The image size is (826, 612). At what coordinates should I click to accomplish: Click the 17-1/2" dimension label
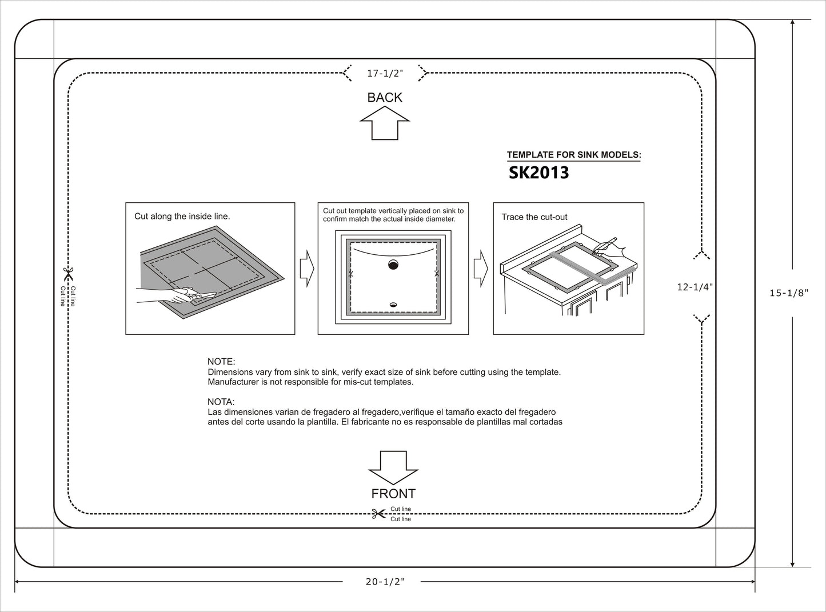coord(385,73)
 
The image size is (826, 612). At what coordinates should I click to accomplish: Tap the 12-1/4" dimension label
coord(695,287)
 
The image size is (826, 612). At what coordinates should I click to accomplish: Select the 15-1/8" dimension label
coord(789,293)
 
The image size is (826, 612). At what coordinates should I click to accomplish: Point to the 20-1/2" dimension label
coord(385,582)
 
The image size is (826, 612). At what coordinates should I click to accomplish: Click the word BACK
coord(385,98)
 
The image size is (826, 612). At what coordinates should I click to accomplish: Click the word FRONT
coord(393,494)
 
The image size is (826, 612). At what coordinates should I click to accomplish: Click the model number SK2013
coord(538,173)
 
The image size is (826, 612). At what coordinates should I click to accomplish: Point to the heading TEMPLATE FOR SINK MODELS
coord(574,155)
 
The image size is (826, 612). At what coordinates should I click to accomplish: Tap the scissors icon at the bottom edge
coord(378,514)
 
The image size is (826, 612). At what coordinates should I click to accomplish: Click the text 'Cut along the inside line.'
coord(182,217)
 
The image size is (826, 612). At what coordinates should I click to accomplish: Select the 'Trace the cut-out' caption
coord(534,217)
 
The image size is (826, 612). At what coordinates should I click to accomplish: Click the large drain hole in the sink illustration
coord(393,264)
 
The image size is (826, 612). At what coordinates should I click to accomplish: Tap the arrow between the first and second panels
coord(307,268)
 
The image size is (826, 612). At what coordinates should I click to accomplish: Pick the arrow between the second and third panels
coord(481,268)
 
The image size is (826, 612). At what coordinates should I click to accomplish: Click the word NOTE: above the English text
coord(221,362)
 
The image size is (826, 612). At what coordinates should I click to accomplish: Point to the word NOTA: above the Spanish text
coord(221,402)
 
